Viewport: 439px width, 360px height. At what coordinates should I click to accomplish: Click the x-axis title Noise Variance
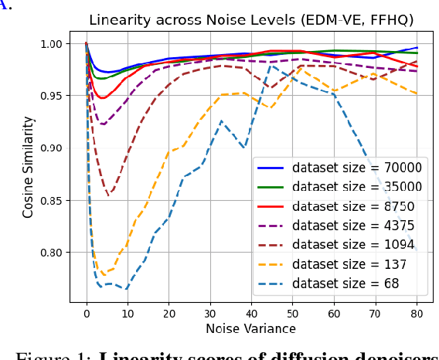(251, 328)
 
